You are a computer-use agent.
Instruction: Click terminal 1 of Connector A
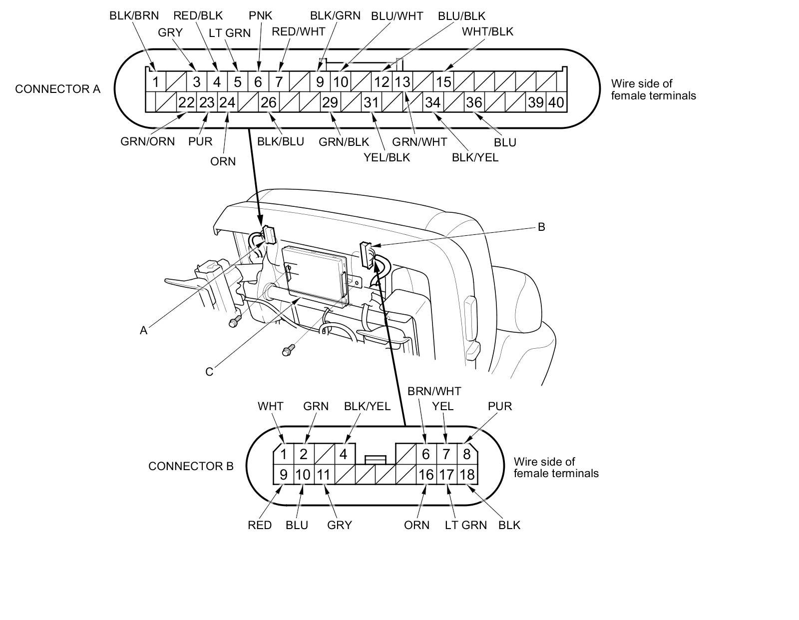[x=156, y=81]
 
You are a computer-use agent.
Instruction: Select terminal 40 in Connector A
[x=556, y=102]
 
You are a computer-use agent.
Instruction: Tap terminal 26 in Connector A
[x=269, y=102]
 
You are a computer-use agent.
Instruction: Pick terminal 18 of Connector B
[x=467, y=474]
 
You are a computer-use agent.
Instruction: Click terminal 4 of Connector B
[x=344, y=454]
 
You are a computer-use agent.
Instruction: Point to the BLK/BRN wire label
[x=134, y=15]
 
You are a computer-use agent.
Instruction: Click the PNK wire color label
[x=260, y=15]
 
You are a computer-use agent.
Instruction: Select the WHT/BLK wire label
[x=487, y=31]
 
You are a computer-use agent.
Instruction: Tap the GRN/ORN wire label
[x=148, y=141]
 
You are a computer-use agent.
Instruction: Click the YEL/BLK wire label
[x=387, y=157]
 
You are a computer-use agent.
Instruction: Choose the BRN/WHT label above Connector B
[x=434, y=391]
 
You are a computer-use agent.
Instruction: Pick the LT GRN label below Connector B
[x=465, y=525]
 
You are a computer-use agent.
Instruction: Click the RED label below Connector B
[x=260, y=525]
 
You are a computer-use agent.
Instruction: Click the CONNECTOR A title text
[x=57, y=89]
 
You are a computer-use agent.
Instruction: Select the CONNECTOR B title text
[x=191, y=466]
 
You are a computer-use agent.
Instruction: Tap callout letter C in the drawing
[x=209, y=372]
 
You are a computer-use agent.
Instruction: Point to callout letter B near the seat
[x=541, y=227]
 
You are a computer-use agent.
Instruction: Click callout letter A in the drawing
[x=144, y=330]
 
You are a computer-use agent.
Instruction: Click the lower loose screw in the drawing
[x=287, y=351]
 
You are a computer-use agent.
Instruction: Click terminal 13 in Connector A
[x=402, y=81]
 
